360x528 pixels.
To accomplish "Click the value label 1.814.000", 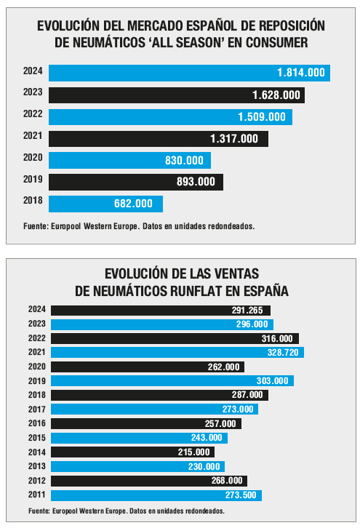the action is click(x=301, y=73).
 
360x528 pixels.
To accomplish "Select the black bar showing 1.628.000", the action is click(x=177, y=95).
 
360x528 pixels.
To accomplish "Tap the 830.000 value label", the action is click(x=184, y=160).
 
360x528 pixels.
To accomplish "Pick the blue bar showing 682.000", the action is click(x=105, y=204).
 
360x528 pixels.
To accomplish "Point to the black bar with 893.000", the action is click(x=136, y=182).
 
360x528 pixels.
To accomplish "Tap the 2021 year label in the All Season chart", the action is click(x=33, y=136).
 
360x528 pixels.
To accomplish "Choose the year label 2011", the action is click(x=36, y=495).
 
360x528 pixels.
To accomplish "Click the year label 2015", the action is click(x=36, y=438).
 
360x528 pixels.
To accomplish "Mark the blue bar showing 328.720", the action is click(x=177, y=353).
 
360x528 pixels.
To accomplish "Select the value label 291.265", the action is click(x=247, y=311).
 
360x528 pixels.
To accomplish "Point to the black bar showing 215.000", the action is click(x=132, y=452).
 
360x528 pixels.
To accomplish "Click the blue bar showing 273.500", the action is click(x=156, y=495).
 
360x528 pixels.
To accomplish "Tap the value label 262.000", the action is click(x=223, y=367).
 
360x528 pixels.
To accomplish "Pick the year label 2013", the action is click(x=36, y=466).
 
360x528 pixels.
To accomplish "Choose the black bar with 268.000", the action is click(x=149, y=481).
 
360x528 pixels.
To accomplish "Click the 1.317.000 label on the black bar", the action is click(x=234, y=139).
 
